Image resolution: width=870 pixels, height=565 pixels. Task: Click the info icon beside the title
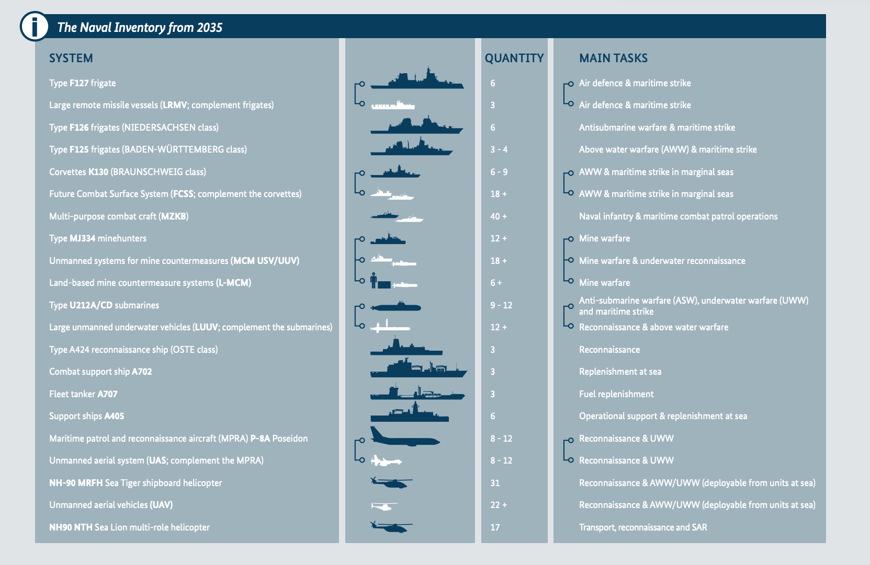point(35,26)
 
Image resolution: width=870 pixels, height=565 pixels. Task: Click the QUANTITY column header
point(514,58)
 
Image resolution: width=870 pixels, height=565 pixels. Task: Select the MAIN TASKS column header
point(613,58)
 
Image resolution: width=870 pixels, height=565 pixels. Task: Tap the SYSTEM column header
point(71,58)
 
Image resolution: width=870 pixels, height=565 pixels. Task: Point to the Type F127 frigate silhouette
point(417,79)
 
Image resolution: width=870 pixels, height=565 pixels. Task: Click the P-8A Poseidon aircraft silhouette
point(404,437)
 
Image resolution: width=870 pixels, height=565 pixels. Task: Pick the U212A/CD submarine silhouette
point(396,306)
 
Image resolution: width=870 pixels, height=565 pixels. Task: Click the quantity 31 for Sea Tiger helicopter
point(495,483)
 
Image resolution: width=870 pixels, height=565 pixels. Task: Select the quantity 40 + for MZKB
point(498,216)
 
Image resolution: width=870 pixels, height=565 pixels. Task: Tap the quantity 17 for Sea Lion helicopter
point(495,527)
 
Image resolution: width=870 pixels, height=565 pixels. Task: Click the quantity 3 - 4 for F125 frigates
point(499,149)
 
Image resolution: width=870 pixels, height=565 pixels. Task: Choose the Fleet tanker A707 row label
point(83,394)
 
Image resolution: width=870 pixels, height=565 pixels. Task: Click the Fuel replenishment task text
point(616,394)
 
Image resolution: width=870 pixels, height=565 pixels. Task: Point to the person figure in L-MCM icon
point(374,281)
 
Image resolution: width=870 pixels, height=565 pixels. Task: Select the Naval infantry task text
point(678,216)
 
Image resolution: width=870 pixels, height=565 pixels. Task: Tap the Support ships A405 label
point(86,416)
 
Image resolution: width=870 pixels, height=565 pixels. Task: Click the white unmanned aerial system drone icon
point(386,460)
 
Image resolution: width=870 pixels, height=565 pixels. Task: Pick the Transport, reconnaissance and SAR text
point(642,527)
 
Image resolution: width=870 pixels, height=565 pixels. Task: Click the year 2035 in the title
point(209,27)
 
